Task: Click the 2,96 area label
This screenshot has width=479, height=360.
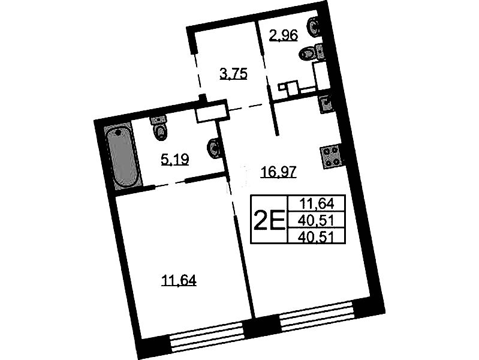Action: click(x=283, y=35)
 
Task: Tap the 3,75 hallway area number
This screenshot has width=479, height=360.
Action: click(x=233, y=74)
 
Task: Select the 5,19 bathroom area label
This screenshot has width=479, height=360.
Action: click(x=175, y=160)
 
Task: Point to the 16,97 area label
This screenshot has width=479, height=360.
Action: click(x=278, y=172)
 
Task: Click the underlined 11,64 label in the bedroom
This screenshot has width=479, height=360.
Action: click(x=179, y=280)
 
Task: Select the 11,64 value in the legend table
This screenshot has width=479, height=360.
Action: click(x=317, y=203)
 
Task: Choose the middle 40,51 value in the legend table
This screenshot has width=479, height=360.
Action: click(x=317, y=220)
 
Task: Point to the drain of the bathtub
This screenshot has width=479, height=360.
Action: click(x=119, y=133)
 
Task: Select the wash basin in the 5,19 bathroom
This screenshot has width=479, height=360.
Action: click(x=214, y=148)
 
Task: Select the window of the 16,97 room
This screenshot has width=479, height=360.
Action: click(x=317, y=316)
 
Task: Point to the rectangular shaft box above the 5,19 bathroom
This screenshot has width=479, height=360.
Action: click(x=212, y=111)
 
